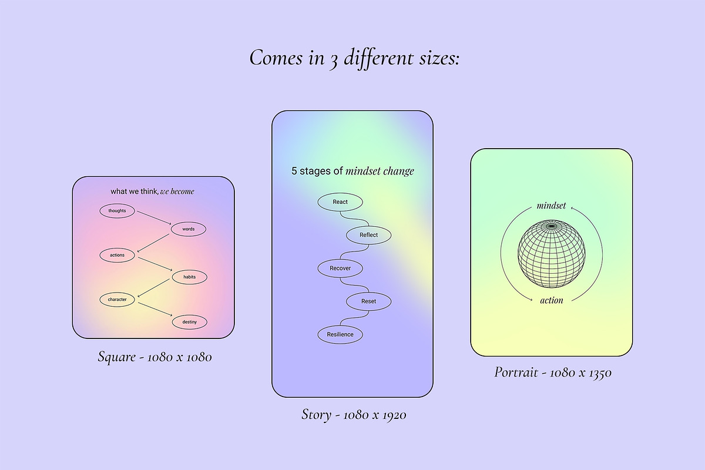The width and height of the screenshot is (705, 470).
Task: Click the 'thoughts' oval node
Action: (117, 211)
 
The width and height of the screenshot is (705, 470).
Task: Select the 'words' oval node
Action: (189, 229)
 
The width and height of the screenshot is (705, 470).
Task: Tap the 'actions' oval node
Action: (117, 255)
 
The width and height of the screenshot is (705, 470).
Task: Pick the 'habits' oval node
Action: (189, 277)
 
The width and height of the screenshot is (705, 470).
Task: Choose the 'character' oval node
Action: (117, 300)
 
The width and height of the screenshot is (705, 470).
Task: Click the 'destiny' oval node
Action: (189, 322)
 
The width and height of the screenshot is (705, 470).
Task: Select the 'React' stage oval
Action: (340, 202)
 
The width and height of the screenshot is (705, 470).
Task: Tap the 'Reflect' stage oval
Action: (368, 235)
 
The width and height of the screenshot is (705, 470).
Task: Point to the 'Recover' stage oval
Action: (340, 268)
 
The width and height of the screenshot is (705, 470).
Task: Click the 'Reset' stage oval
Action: (368, 301)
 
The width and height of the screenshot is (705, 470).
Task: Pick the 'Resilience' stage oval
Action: (340, 334)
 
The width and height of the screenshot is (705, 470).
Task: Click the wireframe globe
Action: (552, 254)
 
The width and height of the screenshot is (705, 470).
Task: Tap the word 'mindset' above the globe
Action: (551, 206)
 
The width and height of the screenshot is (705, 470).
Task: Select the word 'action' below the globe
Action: (552, 300)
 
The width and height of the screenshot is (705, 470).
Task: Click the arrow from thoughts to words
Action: (154, 218)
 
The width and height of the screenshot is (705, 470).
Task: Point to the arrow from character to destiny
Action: (155, 310)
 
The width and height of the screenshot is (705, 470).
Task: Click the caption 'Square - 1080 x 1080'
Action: (155, 357)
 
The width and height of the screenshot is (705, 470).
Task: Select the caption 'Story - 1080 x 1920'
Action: (354, 415)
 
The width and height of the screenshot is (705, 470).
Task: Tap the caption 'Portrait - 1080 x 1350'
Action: (553, 372)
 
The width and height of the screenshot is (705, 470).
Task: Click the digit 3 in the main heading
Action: (333, 61)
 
